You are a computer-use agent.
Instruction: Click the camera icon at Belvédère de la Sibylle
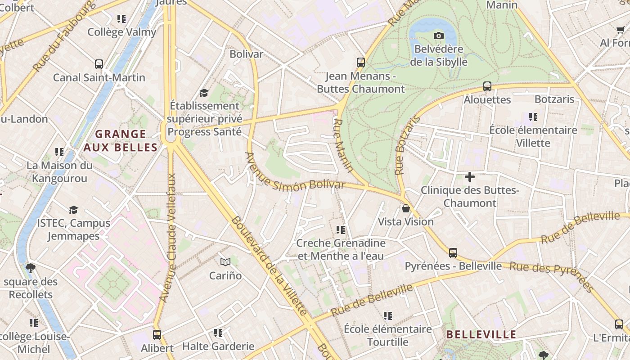click(x=438, y=36)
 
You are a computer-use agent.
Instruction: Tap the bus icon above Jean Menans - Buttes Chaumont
click(x=360, y=62)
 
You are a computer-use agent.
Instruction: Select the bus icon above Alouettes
click(x=487, y=86)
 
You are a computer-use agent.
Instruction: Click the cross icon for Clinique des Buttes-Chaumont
click(x=469, y=177)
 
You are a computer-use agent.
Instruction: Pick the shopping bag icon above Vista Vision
click(x=405, y=208)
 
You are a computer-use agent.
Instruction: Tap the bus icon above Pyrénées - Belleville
click(x=453, y=253)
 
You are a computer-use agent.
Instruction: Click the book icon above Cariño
click(x=225, y=262)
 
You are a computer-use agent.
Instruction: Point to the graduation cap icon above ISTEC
click(x=73, y=210)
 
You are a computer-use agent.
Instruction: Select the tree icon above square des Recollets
click(x=31, y=269)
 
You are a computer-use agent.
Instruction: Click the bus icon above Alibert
click(x=157, y=335)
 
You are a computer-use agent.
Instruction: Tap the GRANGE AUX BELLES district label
click(x=121, y=140)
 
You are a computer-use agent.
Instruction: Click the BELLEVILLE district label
click(x=481, y=334)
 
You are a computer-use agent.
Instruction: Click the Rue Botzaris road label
click(x=407, y=145)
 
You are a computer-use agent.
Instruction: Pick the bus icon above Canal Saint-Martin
click(x=99, y=64)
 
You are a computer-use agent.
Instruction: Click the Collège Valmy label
click(x=121, y=32)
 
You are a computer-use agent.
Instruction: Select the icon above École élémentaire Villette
click(x=533, y=117)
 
